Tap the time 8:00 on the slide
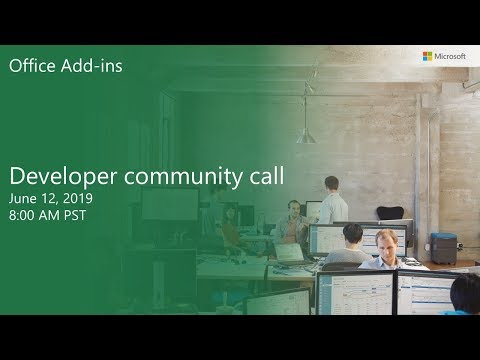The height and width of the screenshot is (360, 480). click(x=25, y=215)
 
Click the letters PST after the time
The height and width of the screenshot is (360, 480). click(x=78, y=215)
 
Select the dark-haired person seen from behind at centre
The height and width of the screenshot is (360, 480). click(x=352, y=240)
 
